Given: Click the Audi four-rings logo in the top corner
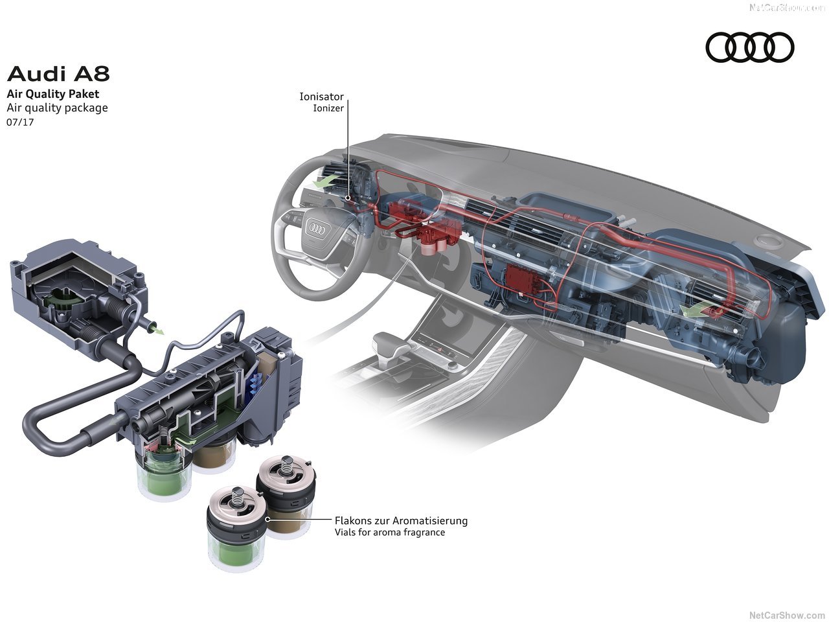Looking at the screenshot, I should point(749,47).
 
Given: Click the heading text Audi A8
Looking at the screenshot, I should point(58,74).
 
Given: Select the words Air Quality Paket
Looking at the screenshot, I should point(53,94).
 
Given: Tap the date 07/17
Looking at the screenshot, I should point(20,122).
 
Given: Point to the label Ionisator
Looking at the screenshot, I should point(321,97).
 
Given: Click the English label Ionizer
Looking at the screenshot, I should point(328,109).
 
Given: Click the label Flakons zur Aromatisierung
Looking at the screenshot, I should point(401,520).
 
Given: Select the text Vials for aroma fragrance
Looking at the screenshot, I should point(390,533).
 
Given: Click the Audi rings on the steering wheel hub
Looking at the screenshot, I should point(317,228).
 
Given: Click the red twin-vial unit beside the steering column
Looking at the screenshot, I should point(435,236).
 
